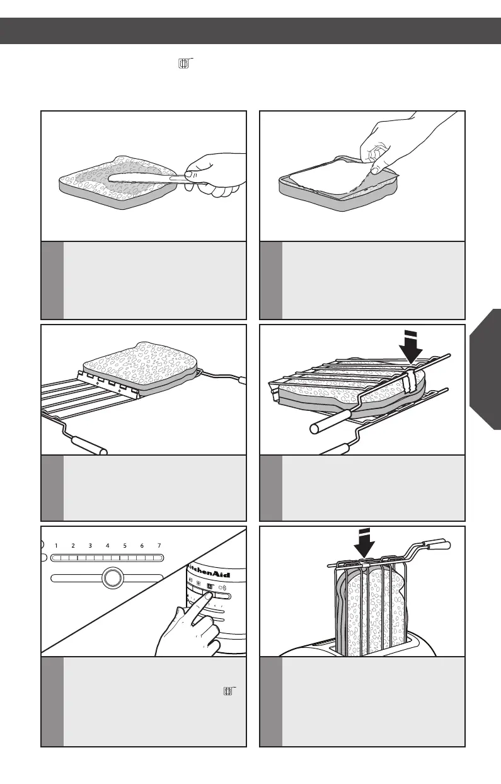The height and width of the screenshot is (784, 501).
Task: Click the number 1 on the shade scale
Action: point(56,545)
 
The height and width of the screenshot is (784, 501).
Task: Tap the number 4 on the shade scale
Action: point(108,545)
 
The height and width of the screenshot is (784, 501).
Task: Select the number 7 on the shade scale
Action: point(159,545)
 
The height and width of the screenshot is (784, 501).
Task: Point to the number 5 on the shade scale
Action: point(125,545)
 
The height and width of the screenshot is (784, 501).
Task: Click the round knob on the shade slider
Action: point(111,578)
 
